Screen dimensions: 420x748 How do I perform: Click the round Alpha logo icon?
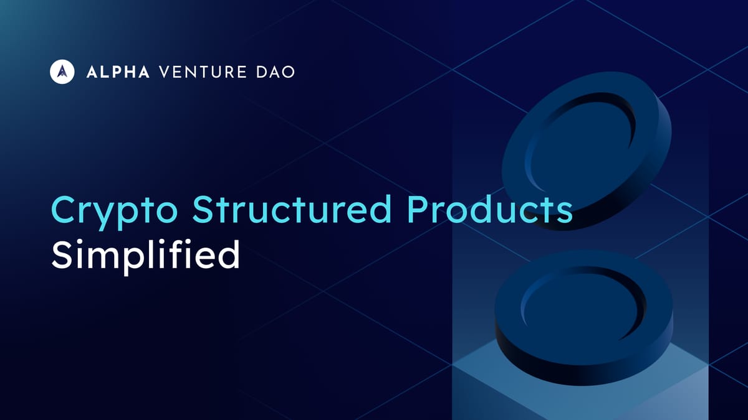click(x=62, y=72)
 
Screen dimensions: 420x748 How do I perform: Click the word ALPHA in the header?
click(x=118, y=72)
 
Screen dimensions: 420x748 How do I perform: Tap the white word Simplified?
click(x=145, y=255)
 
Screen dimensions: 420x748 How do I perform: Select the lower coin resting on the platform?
click(x=583, y=311)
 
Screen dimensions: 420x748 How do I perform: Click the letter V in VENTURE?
click(x=165, y=72)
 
